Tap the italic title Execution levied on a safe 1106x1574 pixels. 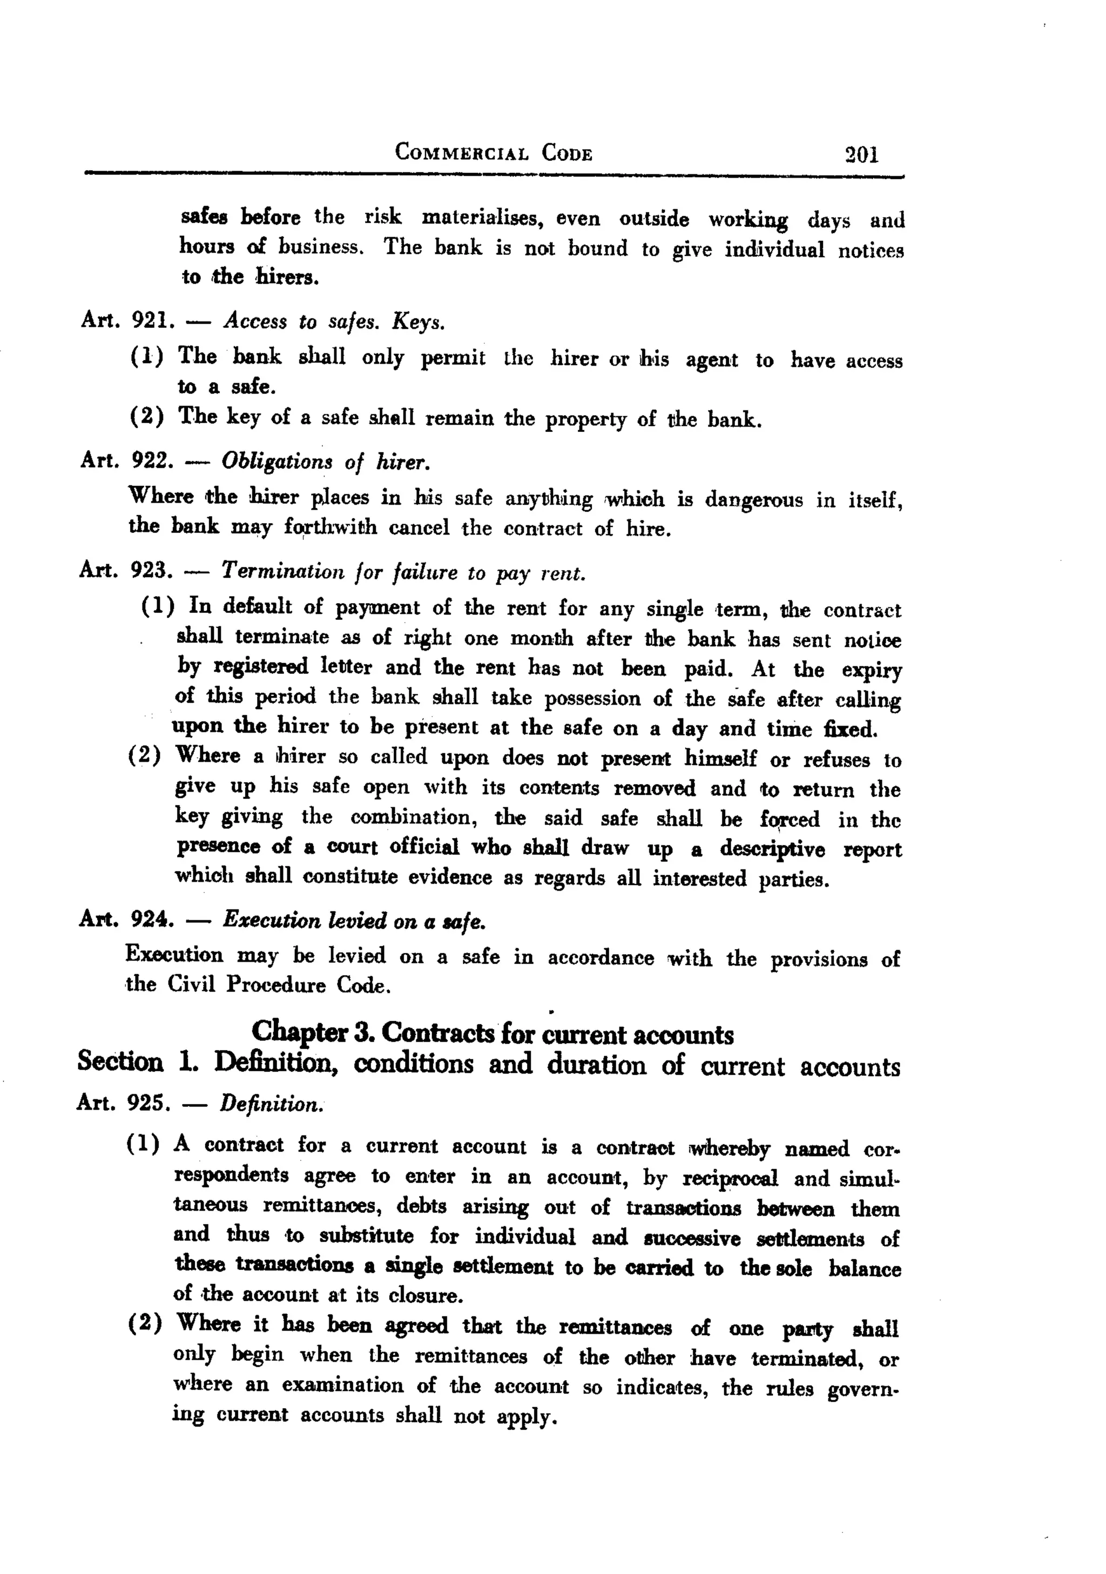click(x=354, y=921)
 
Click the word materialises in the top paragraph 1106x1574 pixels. click(x=482, y=218)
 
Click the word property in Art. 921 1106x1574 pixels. click(x=585, y=419)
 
